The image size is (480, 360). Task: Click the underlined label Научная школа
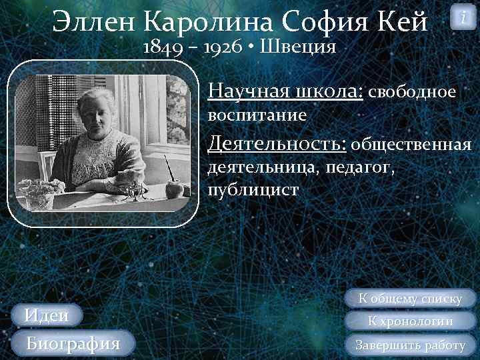[x=285, y=91]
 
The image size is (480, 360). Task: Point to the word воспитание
[x=257, y=115]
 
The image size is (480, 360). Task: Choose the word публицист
[x=253, y=189]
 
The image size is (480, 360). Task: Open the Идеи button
[x=47, y=315]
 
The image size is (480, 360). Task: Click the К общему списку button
[x=410, y=299]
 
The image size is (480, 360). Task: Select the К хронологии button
[x=410, y=321]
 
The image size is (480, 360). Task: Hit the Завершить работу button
[x=410, y=345]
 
